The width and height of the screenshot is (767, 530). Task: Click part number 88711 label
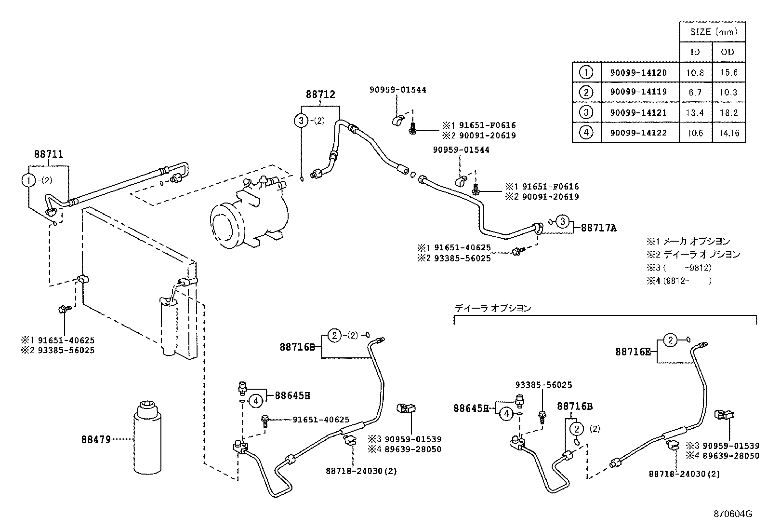point(49,154)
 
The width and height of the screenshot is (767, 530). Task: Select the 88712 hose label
point(320,95)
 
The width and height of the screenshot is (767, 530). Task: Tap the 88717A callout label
point(598,228)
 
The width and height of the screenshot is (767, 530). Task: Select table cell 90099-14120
point(638,73)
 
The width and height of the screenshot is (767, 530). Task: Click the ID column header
point(695,52)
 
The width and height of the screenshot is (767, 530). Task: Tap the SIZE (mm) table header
point(713,32)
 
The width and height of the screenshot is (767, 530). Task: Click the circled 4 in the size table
point(586,133)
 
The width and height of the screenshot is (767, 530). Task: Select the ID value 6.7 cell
point(695,93)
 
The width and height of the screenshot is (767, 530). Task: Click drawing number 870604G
point(733,514)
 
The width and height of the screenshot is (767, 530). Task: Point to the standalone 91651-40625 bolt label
point(321,420)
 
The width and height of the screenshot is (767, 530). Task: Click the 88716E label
point(633,352)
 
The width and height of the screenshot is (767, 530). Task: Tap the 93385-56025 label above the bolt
point(543,385)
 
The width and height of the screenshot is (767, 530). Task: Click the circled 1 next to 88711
point(29,180)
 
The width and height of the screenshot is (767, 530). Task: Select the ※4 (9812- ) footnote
point(678,280)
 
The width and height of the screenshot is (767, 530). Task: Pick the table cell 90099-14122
point(638,133)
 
